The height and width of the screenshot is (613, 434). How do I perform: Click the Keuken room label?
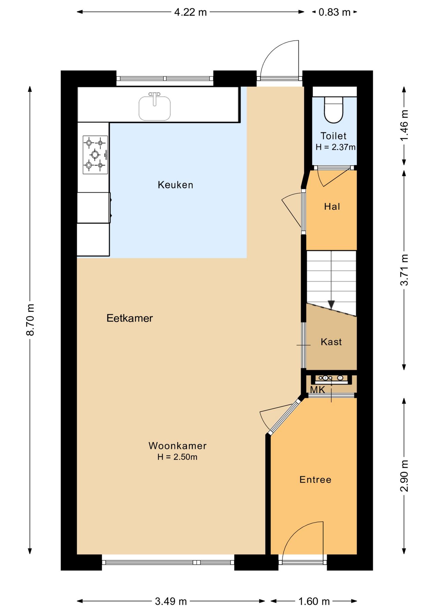point(175,185)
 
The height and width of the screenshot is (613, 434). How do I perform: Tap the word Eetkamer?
point(130,318)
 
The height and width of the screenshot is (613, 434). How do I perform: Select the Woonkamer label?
point(178,446)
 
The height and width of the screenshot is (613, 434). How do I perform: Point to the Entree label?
point(315,480)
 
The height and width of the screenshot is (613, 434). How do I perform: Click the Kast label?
point(331,342)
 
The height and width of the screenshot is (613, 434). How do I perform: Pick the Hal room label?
point(332,207)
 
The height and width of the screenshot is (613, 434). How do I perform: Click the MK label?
point(317,390)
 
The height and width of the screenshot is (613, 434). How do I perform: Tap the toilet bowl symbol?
point(334,110)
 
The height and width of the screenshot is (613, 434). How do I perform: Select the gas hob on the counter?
point(95,155)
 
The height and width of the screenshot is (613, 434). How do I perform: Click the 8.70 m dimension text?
point(30,320)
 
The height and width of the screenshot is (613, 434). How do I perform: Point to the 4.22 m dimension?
point(190,12)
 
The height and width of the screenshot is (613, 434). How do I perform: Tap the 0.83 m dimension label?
point(335,12)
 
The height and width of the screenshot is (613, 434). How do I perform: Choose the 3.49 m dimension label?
point(171,602)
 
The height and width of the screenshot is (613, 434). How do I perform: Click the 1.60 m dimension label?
point(314,602)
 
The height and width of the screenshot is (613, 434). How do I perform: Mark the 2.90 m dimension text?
point(404,476)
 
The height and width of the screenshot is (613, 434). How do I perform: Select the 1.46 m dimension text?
point(404,125)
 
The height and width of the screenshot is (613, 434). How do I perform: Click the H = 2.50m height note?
point(177,457)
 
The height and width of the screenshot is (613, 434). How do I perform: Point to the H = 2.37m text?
point(336,147)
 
